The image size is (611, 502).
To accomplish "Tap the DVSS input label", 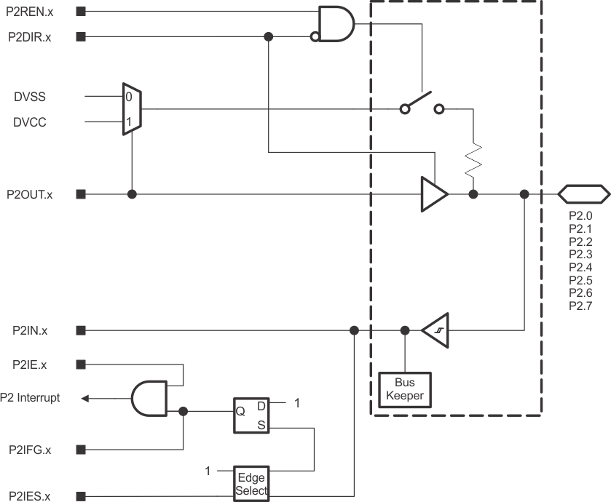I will [x=29, y=97].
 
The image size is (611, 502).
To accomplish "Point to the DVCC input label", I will [x=29, y=122].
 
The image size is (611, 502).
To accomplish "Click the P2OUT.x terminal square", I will [x=81, y=194].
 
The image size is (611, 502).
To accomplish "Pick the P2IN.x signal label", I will [x=30, y=330].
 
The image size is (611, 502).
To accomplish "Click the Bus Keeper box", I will [x=405, y=391].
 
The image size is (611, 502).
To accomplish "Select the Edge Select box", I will [x=251, y=483].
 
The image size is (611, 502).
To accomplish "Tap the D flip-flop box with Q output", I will [x=251, y=415].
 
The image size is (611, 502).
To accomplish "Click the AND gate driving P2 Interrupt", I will [x=150, y=399].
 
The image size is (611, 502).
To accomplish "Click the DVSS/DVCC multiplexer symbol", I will [x=132, y=108].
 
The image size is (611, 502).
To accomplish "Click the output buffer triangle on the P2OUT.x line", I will [x=433, y=194].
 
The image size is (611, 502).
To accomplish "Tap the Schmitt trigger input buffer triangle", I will [x=436, y=330].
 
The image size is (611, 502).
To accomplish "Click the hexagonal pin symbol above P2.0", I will [x=583, y=194].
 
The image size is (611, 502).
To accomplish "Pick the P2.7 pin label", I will [x=580, y=306].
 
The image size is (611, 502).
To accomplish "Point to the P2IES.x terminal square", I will [x=81, y=496].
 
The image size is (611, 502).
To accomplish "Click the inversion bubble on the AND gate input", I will [x=315, y=36].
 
